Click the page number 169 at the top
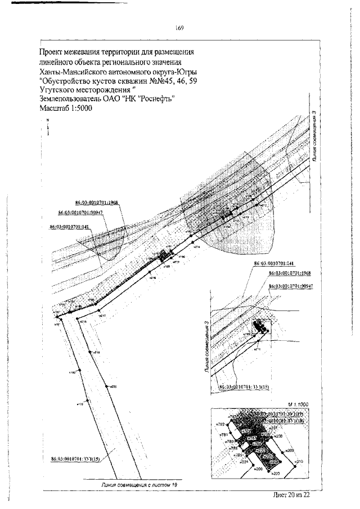point(179,28)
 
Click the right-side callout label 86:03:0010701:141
point(274,263)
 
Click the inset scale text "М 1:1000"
point(298,404)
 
